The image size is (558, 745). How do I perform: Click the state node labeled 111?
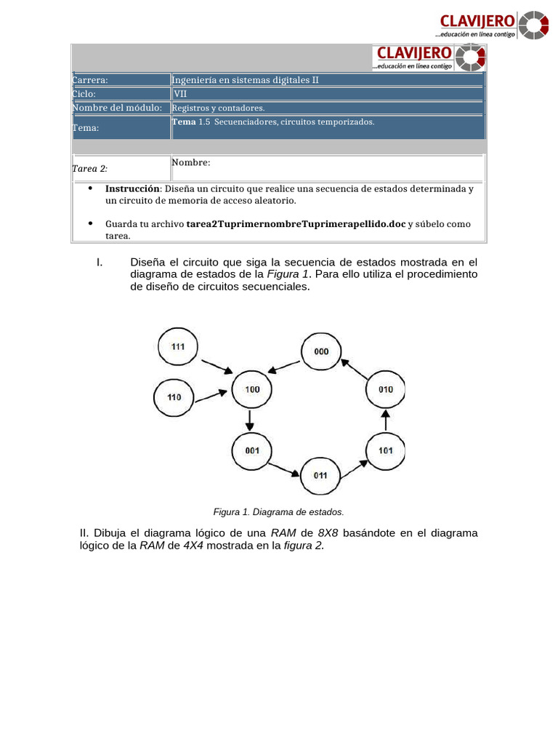[x=178, y=346]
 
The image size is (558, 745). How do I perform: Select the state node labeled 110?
[x=174, y=397]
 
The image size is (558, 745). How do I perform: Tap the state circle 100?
[x=251, y=390]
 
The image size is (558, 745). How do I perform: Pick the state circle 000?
[x=321, y=351]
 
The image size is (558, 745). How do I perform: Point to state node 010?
[x=385, y=389]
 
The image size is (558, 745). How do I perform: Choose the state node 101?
[x=385, y=450]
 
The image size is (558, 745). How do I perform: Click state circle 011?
[x=320, y=475]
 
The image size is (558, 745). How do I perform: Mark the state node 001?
[x=251, y=450]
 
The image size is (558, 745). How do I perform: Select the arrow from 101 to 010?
[x=386, y=420]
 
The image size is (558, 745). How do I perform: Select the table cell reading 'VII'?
[x=180, y=94]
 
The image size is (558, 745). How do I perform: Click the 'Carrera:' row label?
[x=90, y=80]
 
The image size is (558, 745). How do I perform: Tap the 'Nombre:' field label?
[x=191, y=162]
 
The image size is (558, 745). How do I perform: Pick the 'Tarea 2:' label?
[x=90, y=169]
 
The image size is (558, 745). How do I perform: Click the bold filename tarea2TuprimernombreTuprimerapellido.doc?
[x=296, y=224]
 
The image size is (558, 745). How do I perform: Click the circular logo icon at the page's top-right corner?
[x=534, y=25]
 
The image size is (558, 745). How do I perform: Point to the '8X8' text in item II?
[x=328, y=533]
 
